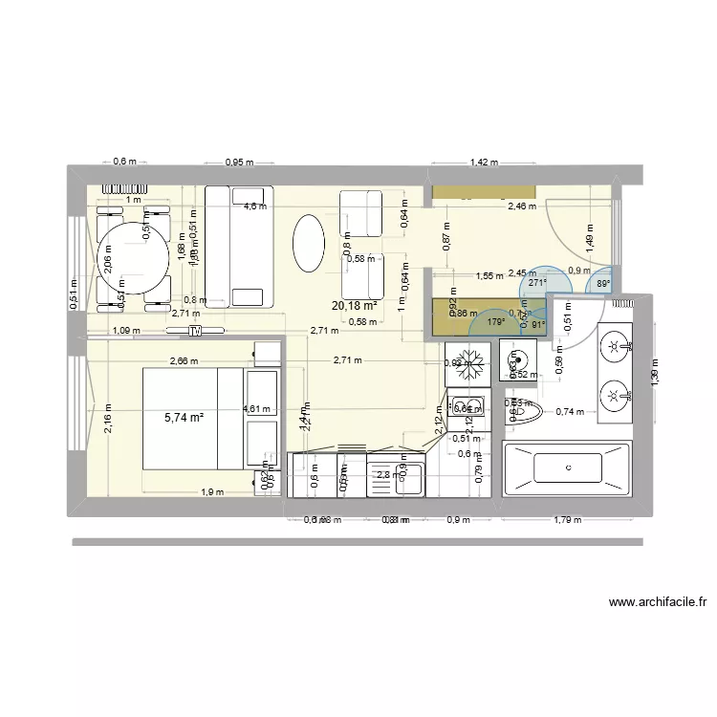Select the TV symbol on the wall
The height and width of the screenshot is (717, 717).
click(195, 332)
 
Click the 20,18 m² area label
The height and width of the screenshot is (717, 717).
click(354, 306)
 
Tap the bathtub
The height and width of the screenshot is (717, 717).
click(567, 468)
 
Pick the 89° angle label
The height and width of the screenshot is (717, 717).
click(603, 283)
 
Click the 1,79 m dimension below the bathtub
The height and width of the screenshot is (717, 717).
click(568, 520)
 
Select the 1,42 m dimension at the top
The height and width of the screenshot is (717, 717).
click(485, 163)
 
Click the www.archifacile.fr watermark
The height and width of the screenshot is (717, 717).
click(657, 602)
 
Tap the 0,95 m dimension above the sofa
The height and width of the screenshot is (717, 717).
click(239, 163)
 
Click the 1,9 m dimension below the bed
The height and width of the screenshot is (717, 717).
click(211, 492)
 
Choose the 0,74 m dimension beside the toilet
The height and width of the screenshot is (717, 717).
click(570, 412)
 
